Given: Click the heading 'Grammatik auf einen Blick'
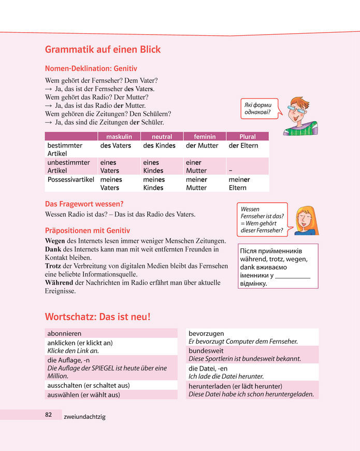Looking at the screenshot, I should pyautogui.click(x=103, y=50).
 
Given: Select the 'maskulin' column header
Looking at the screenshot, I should pyautogui.click(x=119, y=136).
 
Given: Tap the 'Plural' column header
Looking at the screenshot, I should pyautogui.click(x=247, y=136).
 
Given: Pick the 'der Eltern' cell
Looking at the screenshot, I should pyautogui.click(x=243, y=146).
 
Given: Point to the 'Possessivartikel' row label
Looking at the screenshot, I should pyautogui.click(x=71, y=179).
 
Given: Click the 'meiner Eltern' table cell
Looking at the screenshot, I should pyautogui.click(x=239, y=184).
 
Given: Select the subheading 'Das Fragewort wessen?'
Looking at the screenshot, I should pyautogui.click(x=84, y=204).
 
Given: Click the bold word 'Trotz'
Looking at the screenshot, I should pyautogui.click(x=53, y=266).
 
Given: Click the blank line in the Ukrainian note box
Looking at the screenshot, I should pyautogui.click(x=293, y=278).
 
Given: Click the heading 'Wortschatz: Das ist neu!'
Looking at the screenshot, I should pyautogui.click(x=98, y=316).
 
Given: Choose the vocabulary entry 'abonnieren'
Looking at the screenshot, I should pyautogui.click(x=64, y=333).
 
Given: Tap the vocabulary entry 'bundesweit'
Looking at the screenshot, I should pyautogui.click(x=206, y=350).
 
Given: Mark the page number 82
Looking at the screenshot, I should pyautogui.click(x=48, y=415).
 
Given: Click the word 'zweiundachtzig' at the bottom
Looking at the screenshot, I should pyautogui.click(x=84, y=417).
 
